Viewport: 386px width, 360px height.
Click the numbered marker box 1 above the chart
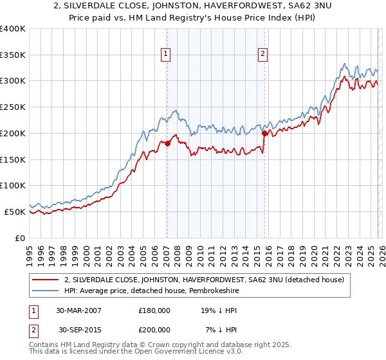tap(167, 55)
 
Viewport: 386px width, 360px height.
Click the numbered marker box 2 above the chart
tap(264, 55)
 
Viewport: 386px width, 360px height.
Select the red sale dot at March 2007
tap(167, 143)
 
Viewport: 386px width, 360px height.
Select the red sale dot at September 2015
tap(264, 133)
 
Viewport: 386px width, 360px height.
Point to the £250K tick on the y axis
tap(13, 107)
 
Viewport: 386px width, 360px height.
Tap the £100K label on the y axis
tap(13, 186)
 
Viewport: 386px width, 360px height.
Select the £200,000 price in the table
tap(154, 330)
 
